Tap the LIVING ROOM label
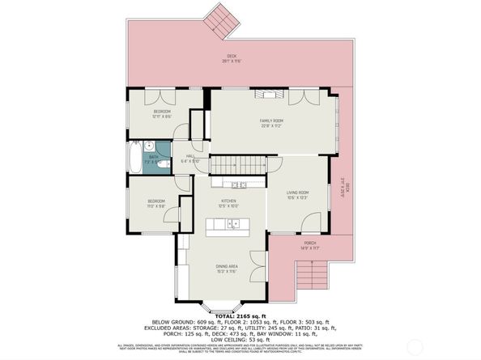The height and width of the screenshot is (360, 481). coord(299,193)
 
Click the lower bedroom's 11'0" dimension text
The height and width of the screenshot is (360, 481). coord(156,206)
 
